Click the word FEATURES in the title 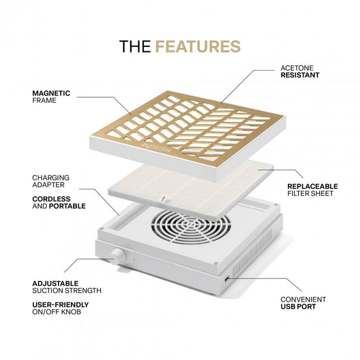[198, 46]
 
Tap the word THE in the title [135, 46]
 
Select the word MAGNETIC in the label [51, 93]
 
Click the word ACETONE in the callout [297, 68]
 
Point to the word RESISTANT [300, 75]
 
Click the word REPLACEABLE [313, 186]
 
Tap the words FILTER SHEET [310, 194]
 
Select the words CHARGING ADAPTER [51, 181]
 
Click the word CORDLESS [51, 199]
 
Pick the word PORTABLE [68, 206]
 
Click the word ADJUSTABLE [55, 284]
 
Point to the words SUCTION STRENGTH [67, 291]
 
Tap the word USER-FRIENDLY [60, 305]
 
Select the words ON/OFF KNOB [57, 312]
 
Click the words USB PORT [298, 306]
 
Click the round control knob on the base [117, 256]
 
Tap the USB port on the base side [226, 279]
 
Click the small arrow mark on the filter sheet [163, 198]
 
